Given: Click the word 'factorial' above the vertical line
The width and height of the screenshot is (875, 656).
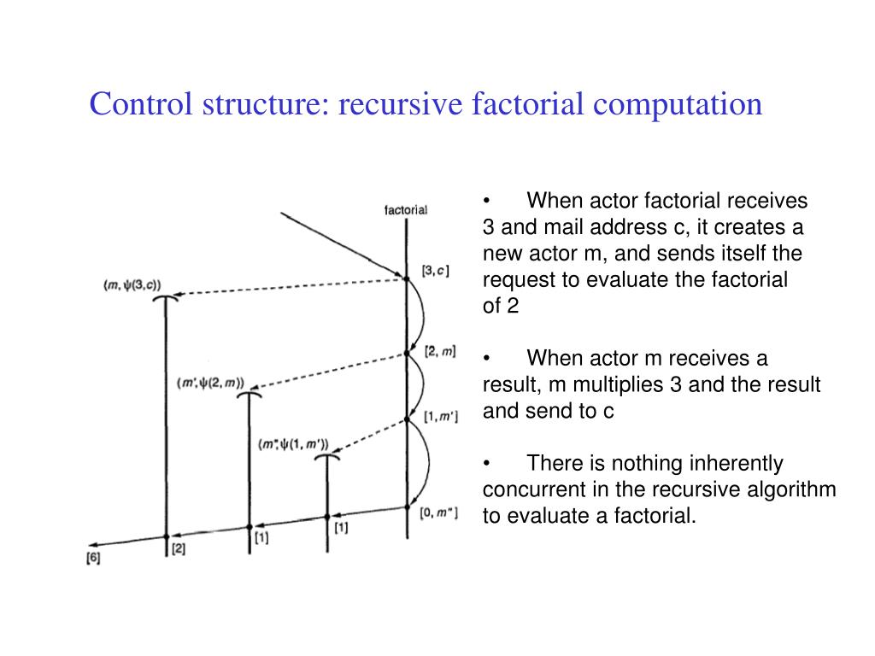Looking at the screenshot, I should pyautogui.click(x=406, y=209).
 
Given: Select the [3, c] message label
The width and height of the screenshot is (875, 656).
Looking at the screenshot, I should pyautogui.click(x=435, y=271).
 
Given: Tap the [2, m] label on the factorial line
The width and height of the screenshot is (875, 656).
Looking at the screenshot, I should pyautogui.click(x=439, y=351).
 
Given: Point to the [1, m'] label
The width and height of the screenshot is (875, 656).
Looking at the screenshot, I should pyautogui.click(x=441, y=417).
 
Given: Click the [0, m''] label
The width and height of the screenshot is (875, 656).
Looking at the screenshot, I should pyautogui.click(x=439, y=512).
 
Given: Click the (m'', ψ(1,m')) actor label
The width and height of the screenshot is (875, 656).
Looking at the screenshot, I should pyautogui.click(x=293, y=444).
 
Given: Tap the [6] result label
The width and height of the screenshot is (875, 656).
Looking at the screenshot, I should pyautogui.click(x=93, y=559).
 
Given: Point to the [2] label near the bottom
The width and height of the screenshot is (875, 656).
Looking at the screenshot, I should pyautogui.click(x=178, y=548).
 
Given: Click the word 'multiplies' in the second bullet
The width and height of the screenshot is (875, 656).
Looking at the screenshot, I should pyautogui.click(x=618, y=384).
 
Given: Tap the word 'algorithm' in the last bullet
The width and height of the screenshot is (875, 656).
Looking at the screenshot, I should pyautogui.click(x=793, y=490).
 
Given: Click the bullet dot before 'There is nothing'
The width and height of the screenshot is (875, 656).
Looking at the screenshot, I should pyautogui.click(x=486, y=464).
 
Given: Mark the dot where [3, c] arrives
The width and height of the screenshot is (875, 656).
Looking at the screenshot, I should pyautogui.click(x=406, y=277).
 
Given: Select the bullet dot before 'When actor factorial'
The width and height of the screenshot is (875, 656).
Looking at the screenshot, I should pyautogui.click(x=486, y=201).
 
